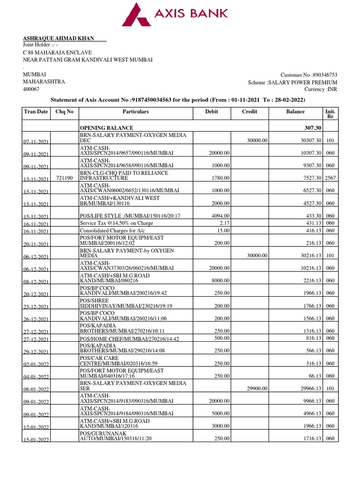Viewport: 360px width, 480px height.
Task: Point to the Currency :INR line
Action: tap(321, 90)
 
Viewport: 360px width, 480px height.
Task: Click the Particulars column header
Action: tap(135, 112)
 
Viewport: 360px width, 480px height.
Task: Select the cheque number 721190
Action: tap(64, 179)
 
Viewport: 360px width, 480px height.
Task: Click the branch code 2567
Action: tap(330, 179)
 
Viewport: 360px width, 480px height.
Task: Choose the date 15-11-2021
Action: tap(36, 216)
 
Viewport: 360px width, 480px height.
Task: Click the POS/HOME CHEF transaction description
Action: tap(129, 338)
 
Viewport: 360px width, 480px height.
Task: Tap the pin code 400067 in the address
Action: tap(31, 89)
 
